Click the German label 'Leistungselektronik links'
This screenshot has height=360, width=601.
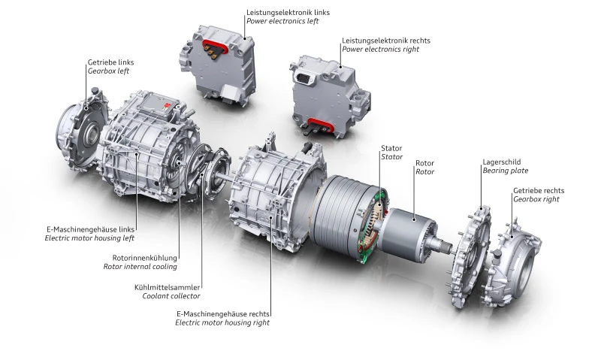click(288, 13)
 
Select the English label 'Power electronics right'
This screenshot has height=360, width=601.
click(380, 49)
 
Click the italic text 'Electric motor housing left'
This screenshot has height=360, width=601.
click(89, 237)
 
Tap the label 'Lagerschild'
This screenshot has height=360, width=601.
click(501, 161)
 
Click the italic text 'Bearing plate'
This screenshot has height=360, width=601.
click(506, 171)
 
